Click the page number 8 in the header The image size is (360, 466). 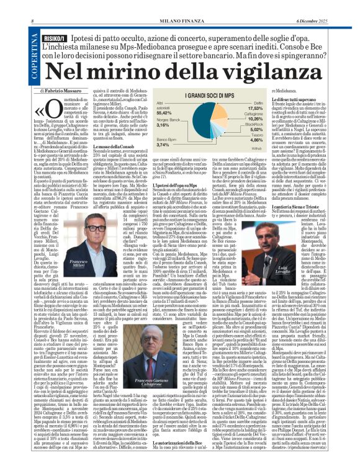click(31, 6)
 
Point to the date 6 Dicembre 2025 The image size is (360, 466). click(323, 6)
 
